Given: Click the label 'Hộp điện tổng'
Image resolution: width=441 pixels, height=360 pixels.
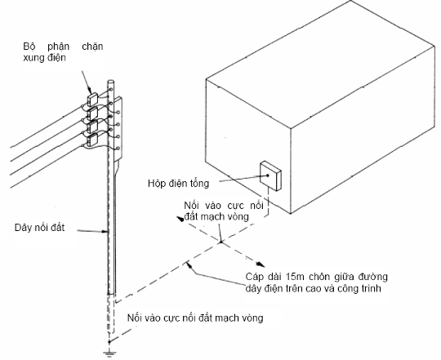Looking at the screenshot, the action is (x=179, y=184).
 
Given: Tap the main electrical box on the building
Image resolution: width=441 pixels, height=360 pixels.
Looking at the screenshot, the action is (x=270, y=176).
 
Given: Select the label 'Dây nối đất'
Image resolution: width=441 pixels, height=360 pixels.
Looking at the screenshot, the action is (x=39, y=228).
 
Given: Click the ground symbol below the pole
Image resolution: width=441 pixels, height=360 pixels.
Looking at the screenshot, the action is (x=109, y=353).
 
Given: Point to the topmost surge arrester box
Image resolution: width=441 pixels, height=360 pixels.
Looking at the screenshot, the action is (x=92, y=99).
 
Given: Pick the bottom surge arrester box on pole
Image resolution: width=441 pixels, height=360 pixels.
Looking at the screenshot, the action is (x=92, y=140).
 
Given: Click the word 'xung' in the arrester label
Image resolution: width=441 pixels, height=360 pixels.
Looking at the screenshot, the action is (x=33, y=58).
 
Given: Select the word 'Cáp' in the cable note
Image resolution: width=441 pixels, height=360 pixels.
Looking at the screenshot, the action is (x=255, y=277).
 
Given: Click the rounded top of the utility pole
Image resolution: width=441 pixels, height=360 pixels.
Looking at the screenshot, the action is (x=111, y=82).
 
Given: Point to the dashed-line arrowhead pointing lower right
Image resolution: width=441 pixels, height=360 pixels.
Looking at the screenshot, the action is (x=261, y=264).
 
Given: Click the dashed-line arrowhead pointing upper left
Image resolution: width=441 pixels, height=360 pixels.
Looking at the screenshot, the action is (x=180, y=219).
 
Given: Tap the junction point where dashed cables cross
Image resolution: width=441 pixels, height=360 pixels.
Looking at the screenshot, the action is (x=221, y=242).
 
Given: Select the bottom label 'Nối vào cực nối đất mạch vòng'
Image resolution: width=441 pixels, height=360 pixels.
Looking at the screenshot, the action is (x=195, y=318).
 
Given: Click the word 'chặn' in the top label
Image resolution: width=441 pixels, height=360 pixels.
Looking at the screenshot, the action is (x=92, y=47).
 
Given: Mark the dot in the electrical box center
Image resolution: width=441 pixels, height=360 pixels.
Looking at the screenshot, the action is (x=268, y=176).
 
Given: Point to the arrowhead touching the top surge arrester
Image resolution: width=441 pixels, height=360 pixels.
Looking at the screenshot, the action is (x=90, y=91).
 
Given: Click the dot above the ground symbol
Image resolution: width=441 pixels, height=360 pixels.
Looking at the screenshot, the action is (x=109, y=342).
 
